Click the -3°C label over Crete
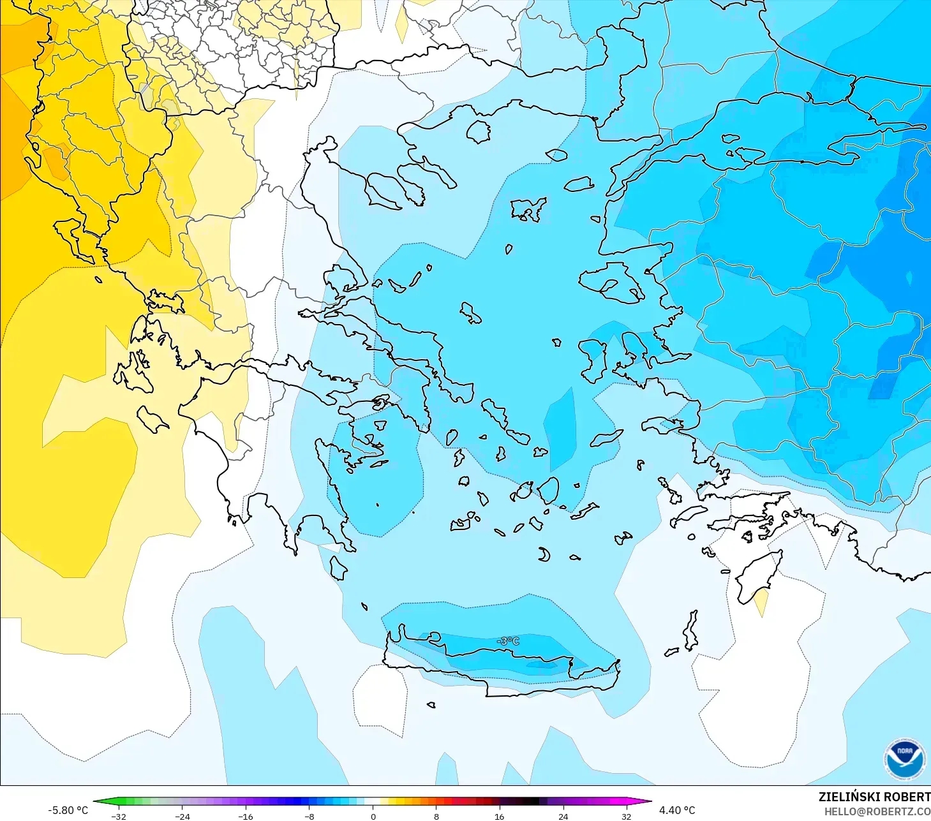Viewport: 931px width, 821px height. click(509, 640)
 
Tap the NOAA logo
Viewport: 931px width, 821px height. click(905, 759)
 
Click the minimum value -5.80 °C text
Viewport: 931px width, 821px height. click(68, 810)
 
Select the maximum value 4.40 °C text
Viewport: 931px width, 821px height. click(677, 810)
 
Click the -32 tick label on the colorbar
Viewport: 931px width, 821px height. click(119, 817)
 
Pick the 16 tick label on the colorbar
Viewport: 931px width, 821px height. click(499, 817)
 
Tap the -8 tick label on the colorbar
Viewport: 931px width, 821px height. click(309, 817)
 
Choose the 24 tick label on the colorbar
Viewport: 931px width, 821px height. click(563, 817)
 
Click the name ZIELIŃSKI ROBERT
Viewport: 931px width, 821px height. click(874, 797)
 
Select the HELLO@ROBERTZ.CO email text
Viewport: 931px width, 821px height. click(877, 811)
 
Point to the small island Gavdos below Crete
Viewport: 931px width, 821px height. click(431, 705)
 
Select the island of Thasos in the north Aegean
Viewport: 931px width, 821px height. click(479, 131)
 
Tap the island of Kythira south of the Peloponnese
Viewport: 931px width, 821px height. click(338, 567)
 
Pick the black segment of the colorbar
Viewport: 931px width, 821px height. click(531, 802)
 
